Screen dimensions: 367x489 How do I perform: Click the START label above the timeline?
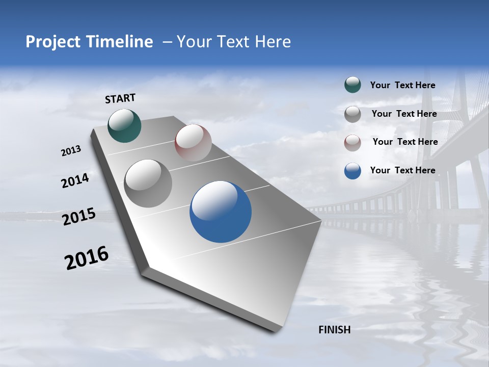(x=120, y=98)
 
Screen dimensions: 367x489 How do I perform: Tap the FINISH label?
(x=334, y=330)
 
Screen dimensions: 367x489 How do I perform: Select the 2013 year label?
(x=71, y=151)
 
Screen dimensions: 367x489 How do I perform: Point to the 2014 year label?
(x=75, y=181)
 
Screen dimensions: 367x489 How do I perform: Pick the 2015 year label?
(x=79, y=217)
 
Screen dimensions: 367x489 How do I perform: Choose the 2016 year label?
(x=87, y=257)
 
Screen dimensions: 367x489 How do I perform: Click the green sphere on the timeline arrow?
(x=124, y=125)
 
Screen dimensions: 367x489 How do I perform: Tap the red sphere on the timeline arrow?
(x=193, y=143)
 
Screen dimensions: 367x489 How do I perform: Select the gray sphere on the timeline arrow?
(x=148, y=183)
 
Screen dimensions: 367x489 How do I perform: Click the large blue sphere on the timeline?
(x=221, y=212)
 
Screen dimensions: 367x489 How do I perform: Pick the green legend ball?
(x=352, y=85)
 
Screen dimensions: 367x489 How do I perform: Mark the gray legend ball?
(x=352, y=114)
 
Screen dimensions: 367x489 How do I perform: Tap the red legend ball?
(x=352, y=143)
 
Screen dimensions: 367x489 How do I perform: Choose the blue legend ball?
(x=352, y=171)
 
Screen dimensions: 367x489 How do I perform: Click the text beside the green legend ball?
(x=402, y=85)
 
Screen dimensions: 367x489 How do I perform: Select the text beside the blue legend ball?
(x=402, y=170)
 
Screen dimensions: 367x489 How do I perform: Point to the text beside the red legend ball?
(x=405, y=142)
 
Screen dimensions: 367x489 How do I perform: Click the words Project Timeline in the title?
(x=89, y=42)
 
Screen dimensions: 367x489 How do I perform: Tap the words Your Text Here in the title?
(x=234, y=42)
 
